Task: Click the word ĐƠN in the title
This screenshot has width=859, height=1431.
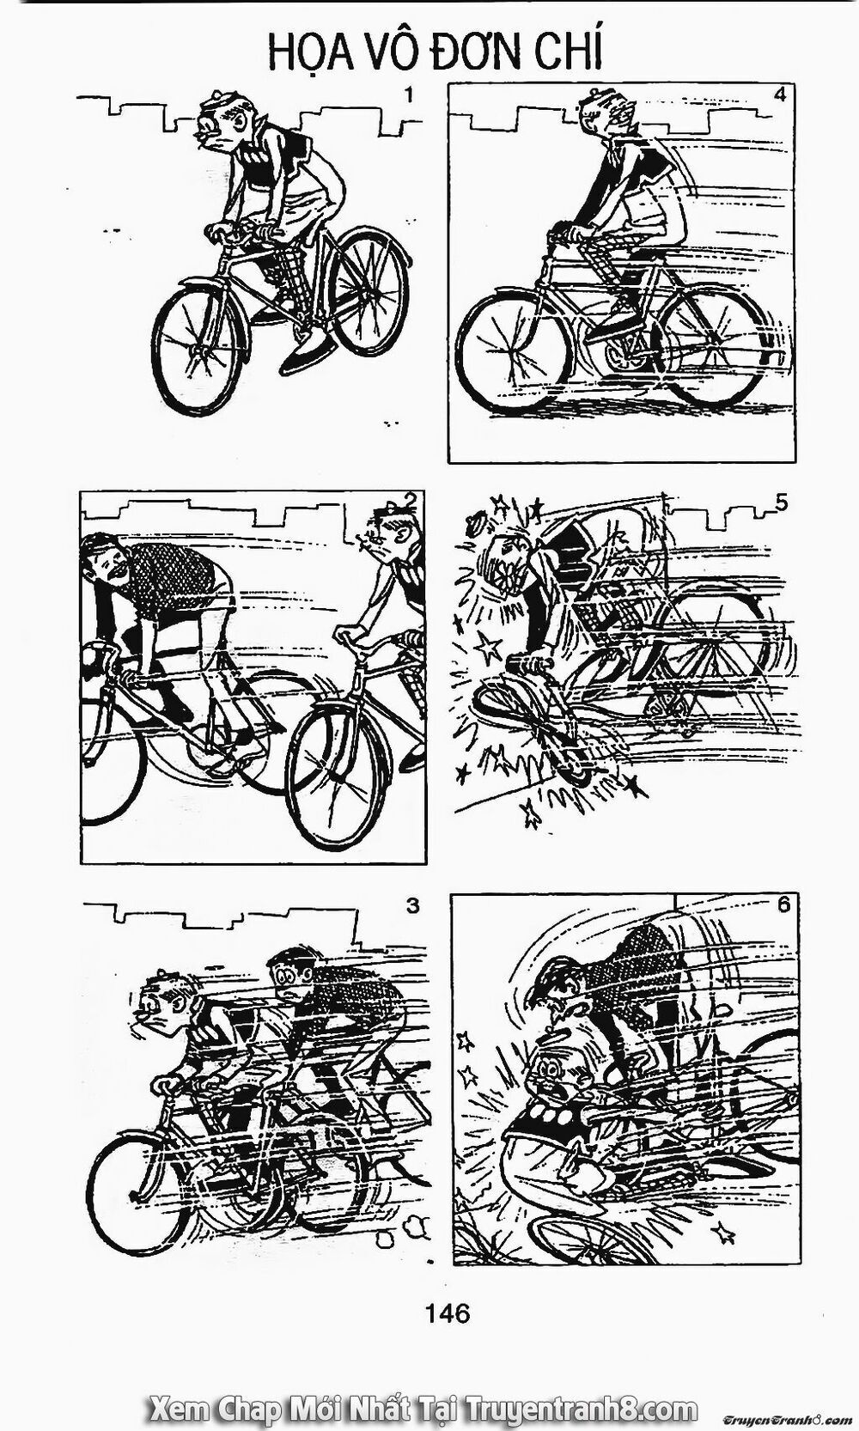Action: point(476,53)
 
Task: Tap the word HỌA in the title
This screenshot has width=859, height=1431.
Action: point(305,53)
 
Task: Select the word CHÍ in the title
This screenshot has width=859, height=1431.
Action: point(570,53)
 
